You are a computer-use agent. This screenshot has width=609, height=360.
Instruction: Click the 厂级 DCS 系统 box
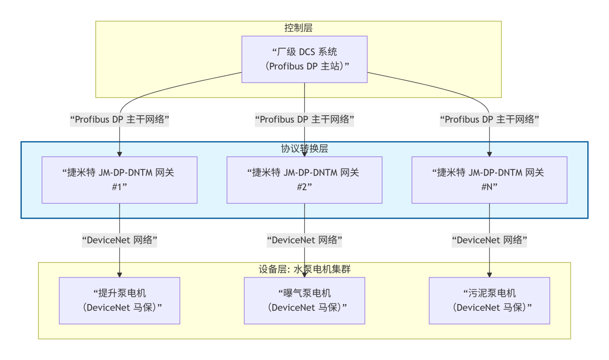pos(304,59)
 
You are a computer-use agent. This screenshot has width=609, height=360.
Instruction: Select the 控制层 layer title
pos(298,28)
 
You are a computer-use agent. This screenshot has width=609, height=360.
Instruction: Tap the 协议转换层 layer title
pos(304,149)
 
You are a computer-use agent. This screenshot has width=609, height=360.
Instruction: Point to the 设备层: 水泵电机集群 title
pos(304,269)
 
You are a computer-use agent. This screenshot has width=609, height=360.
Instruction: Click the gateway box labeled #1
pos(120,180)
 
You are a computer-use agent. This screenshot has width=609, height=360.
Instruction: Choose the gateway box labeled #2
pos(304,180)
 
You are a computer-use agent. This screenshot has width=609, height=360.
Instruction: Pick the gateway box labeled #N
pos(489,180)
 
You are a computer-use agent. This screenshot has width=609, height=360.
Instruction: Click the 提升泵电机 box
pos(120,300)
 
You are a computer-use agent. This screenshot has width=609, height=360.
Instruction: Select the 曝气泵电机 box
pos(304,300)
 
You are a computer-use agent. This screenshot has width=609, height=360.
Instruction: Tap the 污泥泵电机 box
pos(489,300)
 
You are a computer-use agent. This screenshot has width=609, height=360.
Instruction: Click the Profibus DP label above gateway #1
pos(120,120)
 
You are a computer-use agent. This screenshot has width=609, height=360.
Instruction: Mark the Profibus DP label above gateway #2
pos(304,120)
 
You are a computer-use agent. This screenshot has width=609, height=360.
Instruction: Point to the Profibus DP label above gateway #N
pos(489,120)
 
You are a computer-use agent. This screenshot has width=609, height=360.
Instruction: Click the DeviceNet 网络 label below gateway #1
pos(120,240)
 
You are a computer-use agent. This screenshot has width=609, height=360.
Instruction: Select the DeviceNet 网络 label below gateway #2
pos(304,240)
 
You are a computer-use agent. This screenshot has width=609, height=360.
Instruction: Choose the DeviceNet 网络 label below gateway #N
pos(489,240)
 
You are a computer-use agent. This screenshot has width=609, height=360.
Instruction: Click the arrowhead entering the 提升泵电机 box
pos(120,274)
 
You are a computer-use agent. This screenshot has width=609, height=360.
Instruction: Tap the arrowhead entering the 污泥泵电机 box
pos(489,274)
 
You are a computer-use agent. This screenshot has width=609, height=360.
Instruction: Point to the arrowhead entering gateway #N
pos(489,153)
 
